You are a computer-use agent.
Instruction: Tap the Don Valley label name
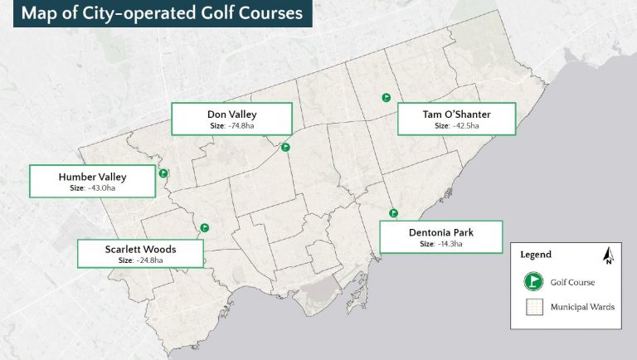(x=231, y=114)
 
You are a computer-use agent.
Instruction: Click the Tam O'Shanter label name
(x=456, y=114)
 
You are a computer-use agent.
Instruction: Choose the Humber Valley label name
(x=92, y=177)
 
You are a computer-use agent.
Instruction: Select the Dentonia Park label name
(x=441, y=231)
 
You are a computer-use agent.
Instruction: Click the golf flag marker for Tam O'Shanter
(x=386, y=97)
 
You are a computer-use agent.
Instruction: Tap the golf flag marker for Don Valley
(x=285, y=147)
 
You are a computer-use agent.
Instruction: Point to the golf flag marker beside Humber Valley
(x=163, y=173)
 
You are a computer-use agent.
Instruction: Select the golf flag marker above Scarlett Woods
(x=204, y=227)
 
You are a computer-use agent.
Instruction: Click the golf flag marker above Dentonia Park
(x=394, y=212)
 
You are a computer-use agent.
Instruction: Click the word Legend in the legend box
(x=536, y=255)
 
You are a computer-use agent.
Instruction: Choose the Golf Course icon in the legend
(x=532, y=282)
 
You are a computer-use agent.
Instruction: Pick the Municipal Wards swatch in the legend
(x=532, y=307)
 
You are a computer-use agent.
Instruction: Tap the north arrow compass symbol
(x=608, y=255)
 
